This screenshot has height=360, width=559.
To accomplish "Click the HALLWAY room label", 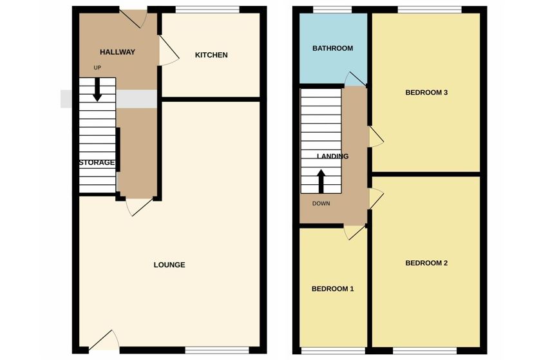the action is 117,52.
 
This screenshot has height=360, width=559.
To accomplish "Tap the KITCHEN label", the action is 211,55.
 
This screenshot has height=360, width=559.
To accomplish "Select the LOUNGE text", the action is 169,265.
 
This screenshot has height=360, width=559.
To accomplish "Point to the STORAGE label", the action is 97,162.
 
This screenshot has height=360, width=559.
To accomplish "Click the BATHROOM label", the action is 332,48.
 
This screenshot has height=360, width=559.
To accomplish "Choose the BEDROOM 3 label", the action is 426,93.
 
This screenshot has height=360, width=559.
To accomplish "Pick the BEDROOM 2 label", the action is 426,263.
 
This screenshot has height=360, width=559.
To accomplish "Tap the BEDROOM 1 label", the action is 332,289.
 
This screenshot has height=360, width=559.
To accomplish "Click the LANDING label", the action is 332,156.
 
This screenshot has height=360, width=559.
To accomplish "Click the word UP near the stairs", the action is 97,68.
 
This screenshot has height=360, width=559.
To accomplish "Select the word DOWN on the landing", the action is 321,204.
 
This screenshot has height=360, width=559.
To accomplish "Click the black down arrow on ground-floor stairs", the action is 97,90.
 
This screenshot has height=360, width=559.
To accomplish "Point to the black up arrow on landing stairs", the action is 321,181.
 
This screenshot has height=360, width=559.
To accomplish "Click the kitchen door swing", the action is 168,50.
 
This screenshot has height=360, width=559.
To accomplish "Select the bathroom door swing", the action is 355,79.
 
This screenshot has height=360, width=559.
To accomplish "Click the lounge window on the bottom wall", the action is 217,350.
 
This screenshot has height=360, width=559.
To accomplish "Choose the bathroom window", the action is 332,10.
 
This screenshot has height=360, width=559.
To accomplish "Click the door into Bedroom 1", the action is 355,232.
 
